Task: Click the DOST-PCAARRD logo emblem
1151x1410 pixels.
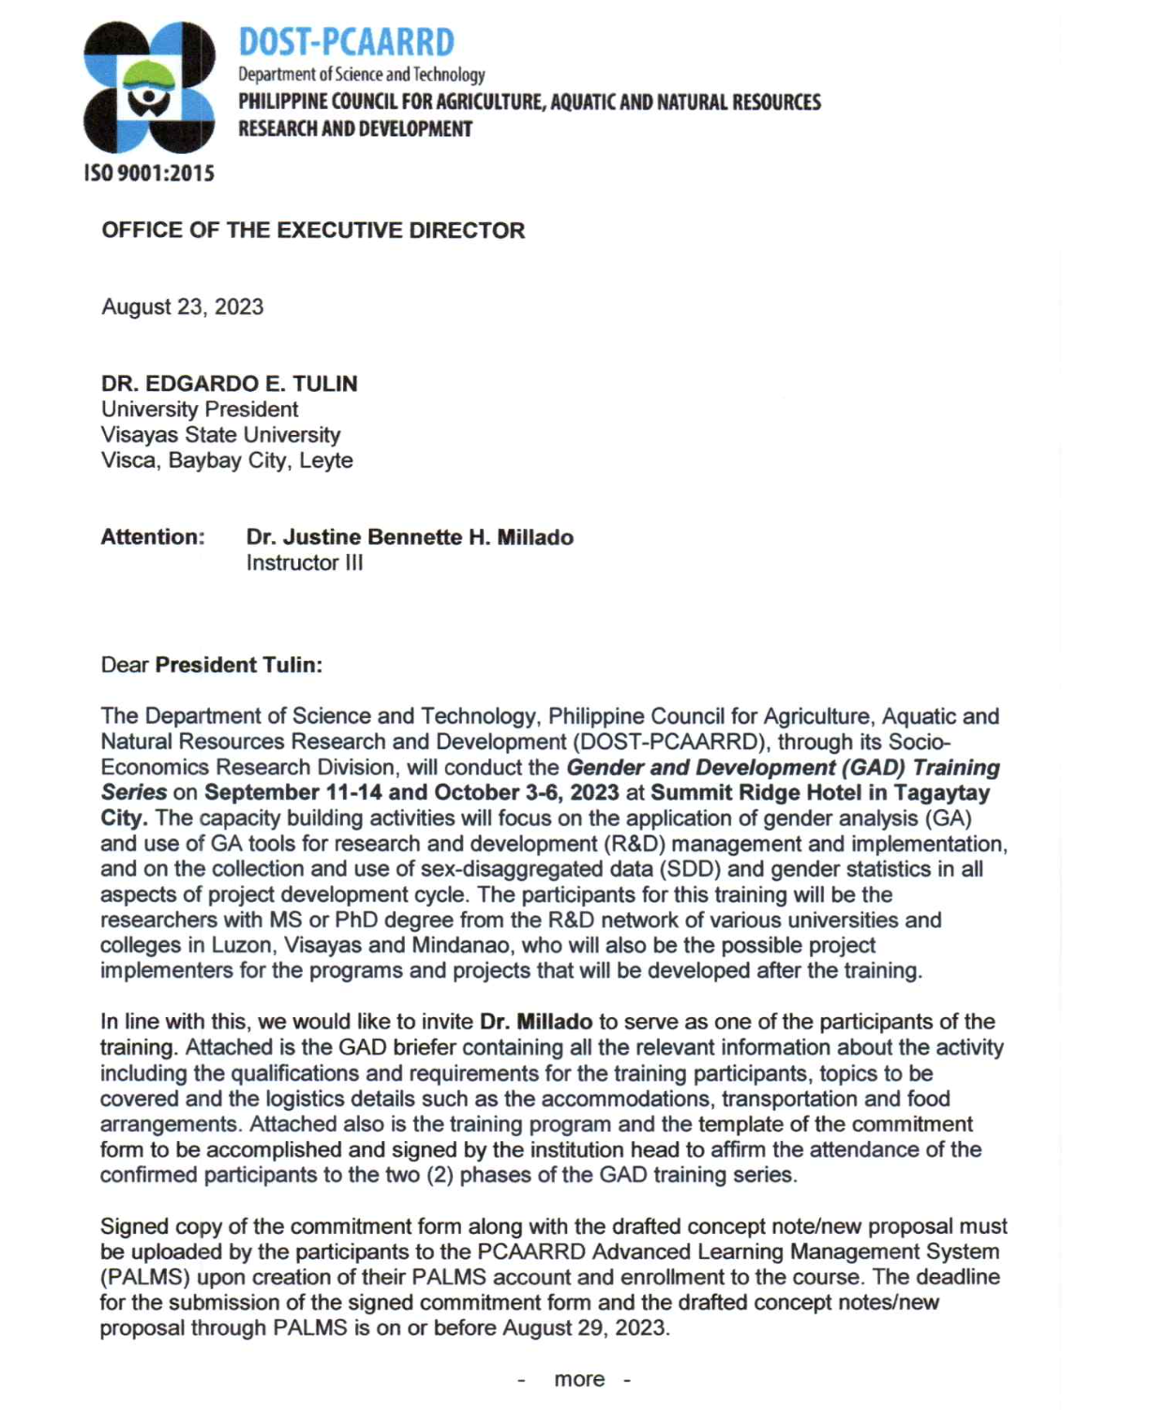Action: tap(149, 87)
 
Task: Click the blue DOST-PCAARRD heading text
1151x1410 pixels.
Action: tap(346, 42)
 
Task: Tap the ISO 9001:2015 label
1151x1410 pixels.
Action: tap(149, 173)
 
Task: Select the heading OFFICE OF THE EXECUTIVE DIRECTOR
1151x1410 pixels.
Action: tap(313, 231)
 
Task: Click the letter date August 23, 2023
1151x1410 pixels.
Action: tap(183, 307)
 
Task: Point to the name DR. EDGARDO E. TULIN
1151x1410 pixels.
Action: tap(230, 384)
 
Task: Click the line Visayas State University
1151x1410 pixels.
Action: tap(220, 435)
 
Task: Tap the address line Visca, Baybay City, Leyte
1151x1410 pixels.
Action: tap(227, 460)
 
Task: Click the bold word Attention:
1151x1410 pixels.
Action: tap(153, 537)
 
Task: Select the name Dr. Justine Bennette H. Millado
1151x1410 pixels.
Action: tap(410, 537)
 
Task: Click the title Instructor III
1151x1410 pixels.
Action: tap(305, 562)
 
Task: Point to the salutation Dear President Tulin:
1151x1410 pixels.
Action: tap(211, 665)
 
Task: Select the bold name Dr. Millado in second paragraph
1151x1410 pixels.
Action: tap(536, 1022)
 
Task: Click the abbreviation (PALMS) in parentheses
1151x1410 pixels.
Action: tap(145, 1277)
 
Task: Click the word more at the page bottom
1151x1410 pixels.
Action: tap(579, 1379)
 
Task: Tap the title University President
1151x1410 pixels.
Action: tap(200, 410)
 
